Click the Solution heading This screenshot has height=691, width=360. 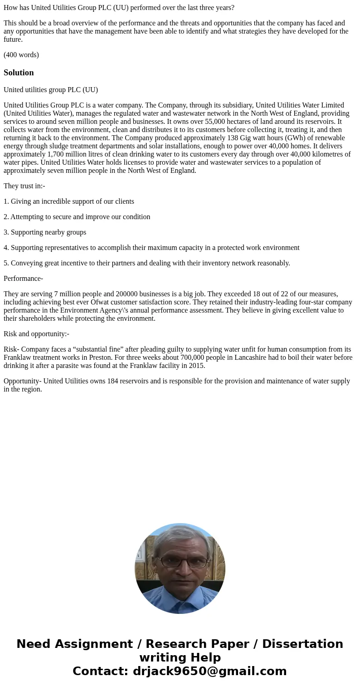point(19,73)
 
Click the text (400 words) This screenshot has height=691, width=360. point(21,55)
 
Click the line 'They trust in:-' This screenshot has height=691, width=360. point(24,186)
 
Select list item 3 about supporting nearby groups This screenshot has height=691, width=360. point(45,232)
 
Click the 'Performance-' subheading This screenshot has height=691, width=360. point(23,279)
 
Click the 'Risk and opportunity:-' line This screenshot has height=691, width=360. point(36,334)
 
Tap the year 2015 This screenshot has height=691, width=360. point(197,366)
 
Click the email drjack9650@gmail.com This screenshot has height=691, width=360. point(209,671)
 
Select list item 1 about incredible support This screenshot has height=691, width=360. point(69,201)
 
